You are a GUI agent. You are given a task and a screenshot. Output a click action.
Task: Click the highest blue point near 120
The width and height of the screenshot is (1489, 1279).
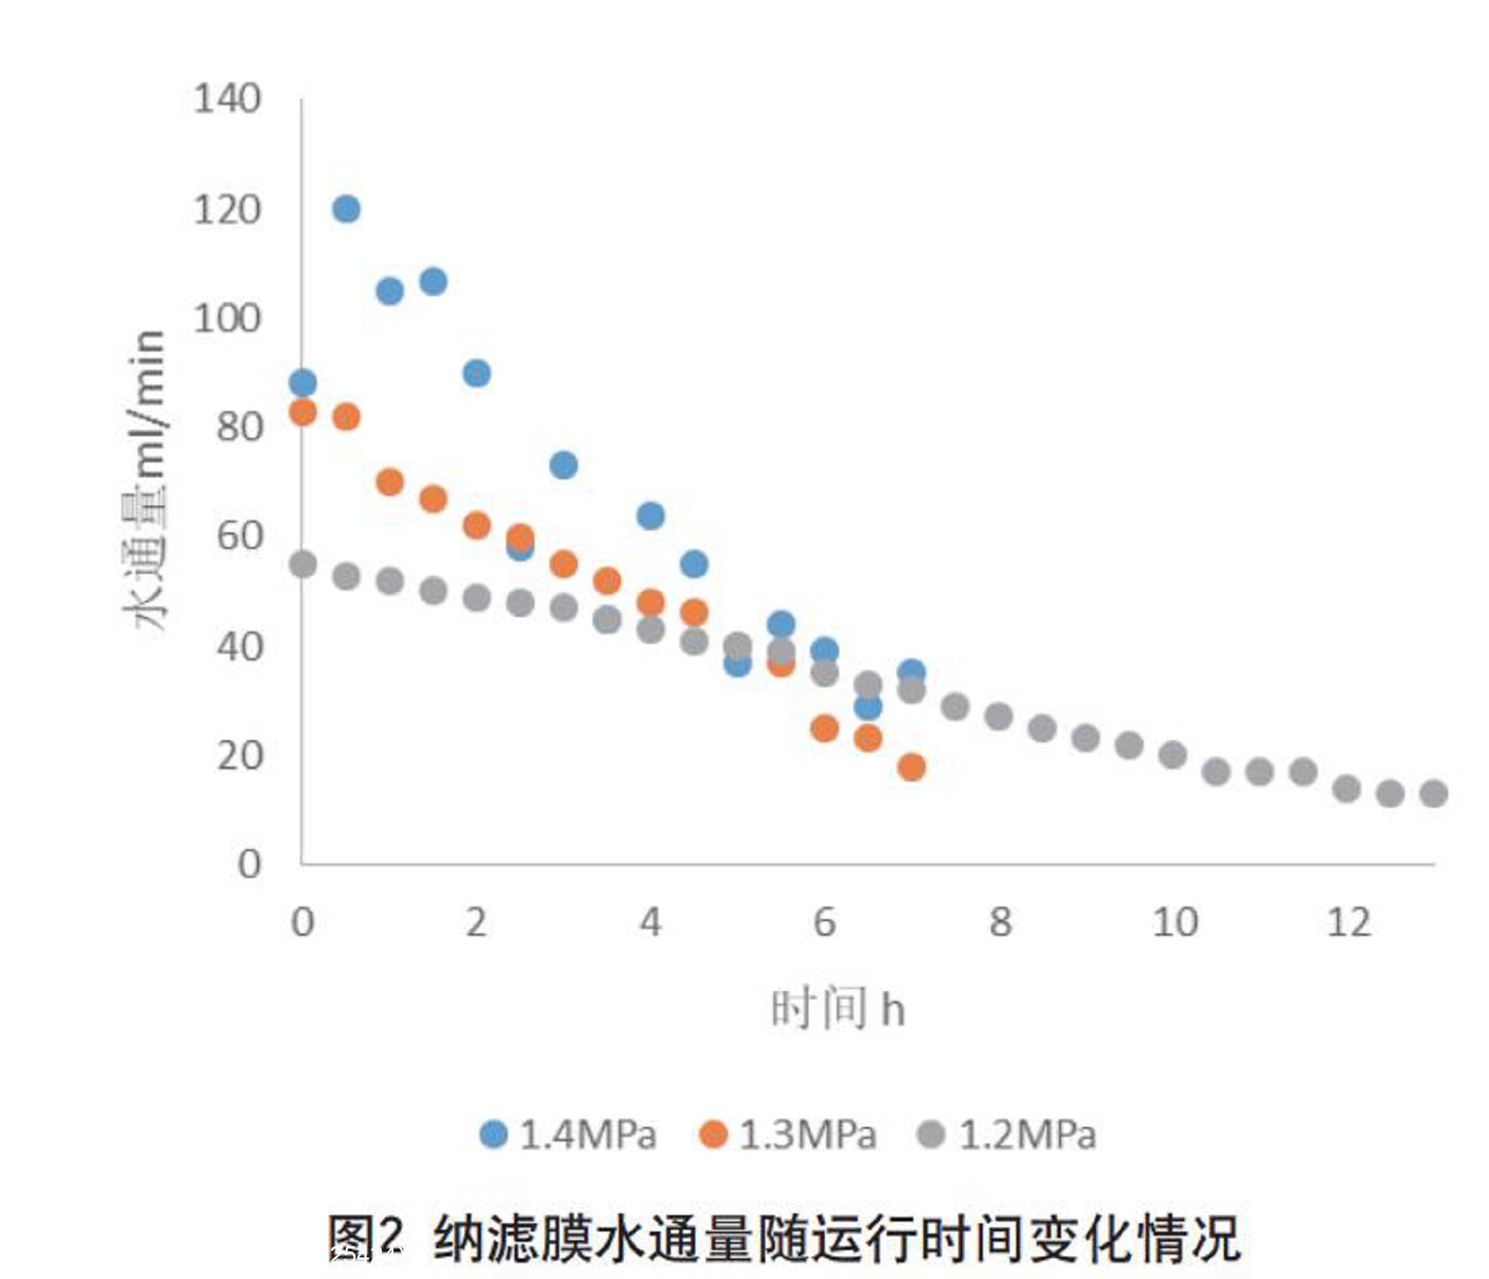[x=346, y=209]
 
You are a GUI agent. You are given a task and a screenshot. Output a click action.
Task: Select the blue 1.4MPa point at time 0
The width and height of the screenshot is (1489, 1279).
[x=302, y=383]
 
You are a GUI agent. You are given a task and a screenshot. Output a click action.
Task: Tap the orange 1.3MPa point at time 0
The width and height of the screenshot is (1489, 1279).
[x=302, y=412]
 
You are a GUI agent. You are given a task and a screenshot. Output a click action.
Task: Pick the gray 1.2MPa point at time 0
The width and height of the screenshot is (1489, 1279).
[x=302, y=564]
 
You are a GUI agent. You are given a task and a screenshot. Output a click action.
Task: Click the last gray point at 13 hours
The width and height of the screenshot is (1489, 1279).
[x=1434, y=794]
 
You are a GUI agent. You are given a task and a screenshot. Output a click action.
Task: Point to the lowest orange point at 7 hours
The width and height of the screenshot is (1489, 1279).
[x=911, y=767]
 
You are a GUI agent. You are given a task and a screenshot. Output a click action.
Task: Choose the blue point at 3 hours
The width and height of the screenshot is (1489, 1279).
[x=564, y=465]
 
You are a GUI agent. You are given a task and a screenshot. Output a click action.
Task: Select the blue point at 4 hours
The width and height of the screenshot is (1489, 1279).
[x=651, y=515]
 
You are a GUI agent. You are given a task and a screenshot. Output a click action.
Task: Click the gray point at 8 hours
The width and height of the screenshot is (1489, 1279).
[x=998, y=717]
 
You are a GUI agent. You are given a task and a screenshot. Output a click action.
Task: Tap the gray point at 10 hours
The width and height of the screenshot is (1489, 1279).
[x=1173, y=755]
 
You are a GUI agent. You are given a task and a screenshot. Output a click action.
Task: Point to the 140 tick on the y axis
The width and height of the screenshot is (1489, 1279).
[x=227, y=99]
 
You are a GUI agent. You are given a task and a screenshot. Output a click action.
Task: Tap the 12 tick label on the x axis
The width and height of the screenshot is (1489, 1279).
[x=1348, y=923]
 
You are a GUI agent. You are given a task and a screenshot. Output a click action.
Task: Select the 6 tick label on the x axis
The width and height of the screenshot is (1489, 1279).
[x=825, y=923]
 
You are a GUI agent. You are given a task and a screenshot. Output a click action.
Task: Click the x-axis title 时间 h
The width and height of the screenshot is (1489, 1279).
[x=838, y=1009]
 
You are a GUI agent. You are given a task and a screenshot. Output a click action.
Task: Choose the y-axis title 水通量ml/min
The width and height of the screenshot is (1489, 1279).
[x=145, y=480]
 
